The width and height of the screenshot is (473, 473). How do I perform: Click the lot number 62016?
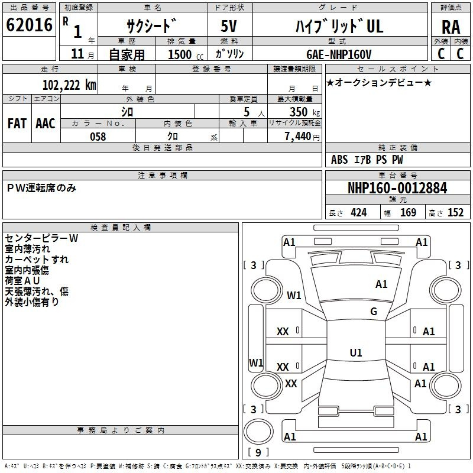tap(29, 25)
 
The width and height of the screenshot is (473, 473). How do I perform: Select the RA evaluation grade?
tap(451, 27)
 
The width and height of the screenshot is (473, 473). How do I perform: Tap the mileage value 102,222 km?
tap(69, 85)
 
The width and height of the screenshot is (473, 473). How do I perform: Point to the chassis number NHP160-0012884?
tap(397, 188)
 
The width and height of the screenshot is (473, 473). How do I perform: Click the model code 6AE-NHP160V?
tap(339, 54)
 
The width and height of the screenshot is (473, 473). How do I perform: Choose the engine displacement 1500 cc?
tap(185, 54)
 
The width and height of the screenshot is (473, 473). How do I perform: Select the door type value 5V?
tap(229, 26)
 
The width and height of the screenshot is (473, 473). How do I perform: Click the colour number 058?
tap(98, 137)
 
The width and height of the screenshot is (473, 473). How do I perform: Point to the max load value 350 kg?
tap(304, 112)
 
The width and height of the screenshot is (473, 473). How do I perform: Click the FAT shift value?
tap(17, 124)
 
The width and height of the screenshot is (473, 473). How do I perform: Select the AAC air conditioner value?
tap(46, 124)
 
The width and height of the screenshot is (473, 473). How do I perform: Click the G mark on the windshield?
tap(374, 312)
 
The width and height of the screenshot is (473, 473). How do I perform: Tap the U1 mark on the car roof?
tap(356, 352)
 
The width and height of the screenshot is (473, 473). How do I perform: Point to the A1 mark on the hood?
tap(381, 284)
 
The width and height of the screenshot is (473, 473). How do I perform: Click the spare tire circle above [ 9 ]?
tap(258, 432)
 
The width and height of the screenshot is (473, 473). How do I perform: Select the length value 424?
tap(359, 212)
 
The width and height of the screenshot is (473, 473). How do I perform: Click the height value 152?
tap(455, 212)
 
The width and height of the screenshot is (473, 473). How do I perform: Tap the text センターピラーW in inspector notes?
tap(41, 238)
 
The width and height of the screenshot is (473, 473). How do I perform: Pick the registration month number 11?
tap(77, 54)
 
